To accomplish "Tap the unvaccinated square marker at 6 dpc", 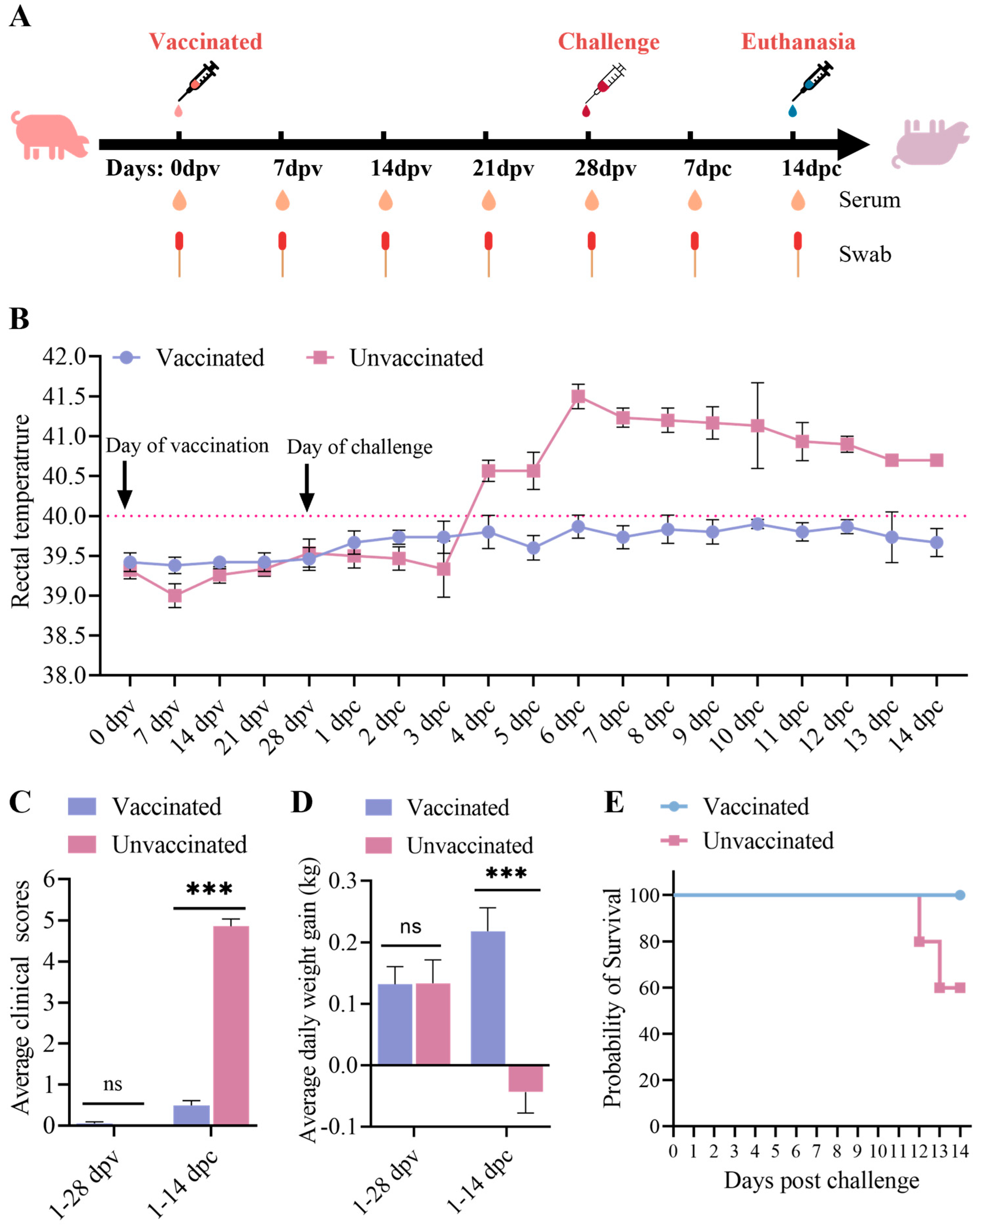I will [578, 396].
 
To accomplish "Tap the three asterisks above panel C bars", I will [209, 889].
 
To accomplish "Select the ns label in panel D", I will [411, 927].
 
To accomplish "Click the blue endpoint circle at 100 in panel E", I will [960, 895].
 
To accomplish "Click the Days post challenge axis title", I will [821, 1181].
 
